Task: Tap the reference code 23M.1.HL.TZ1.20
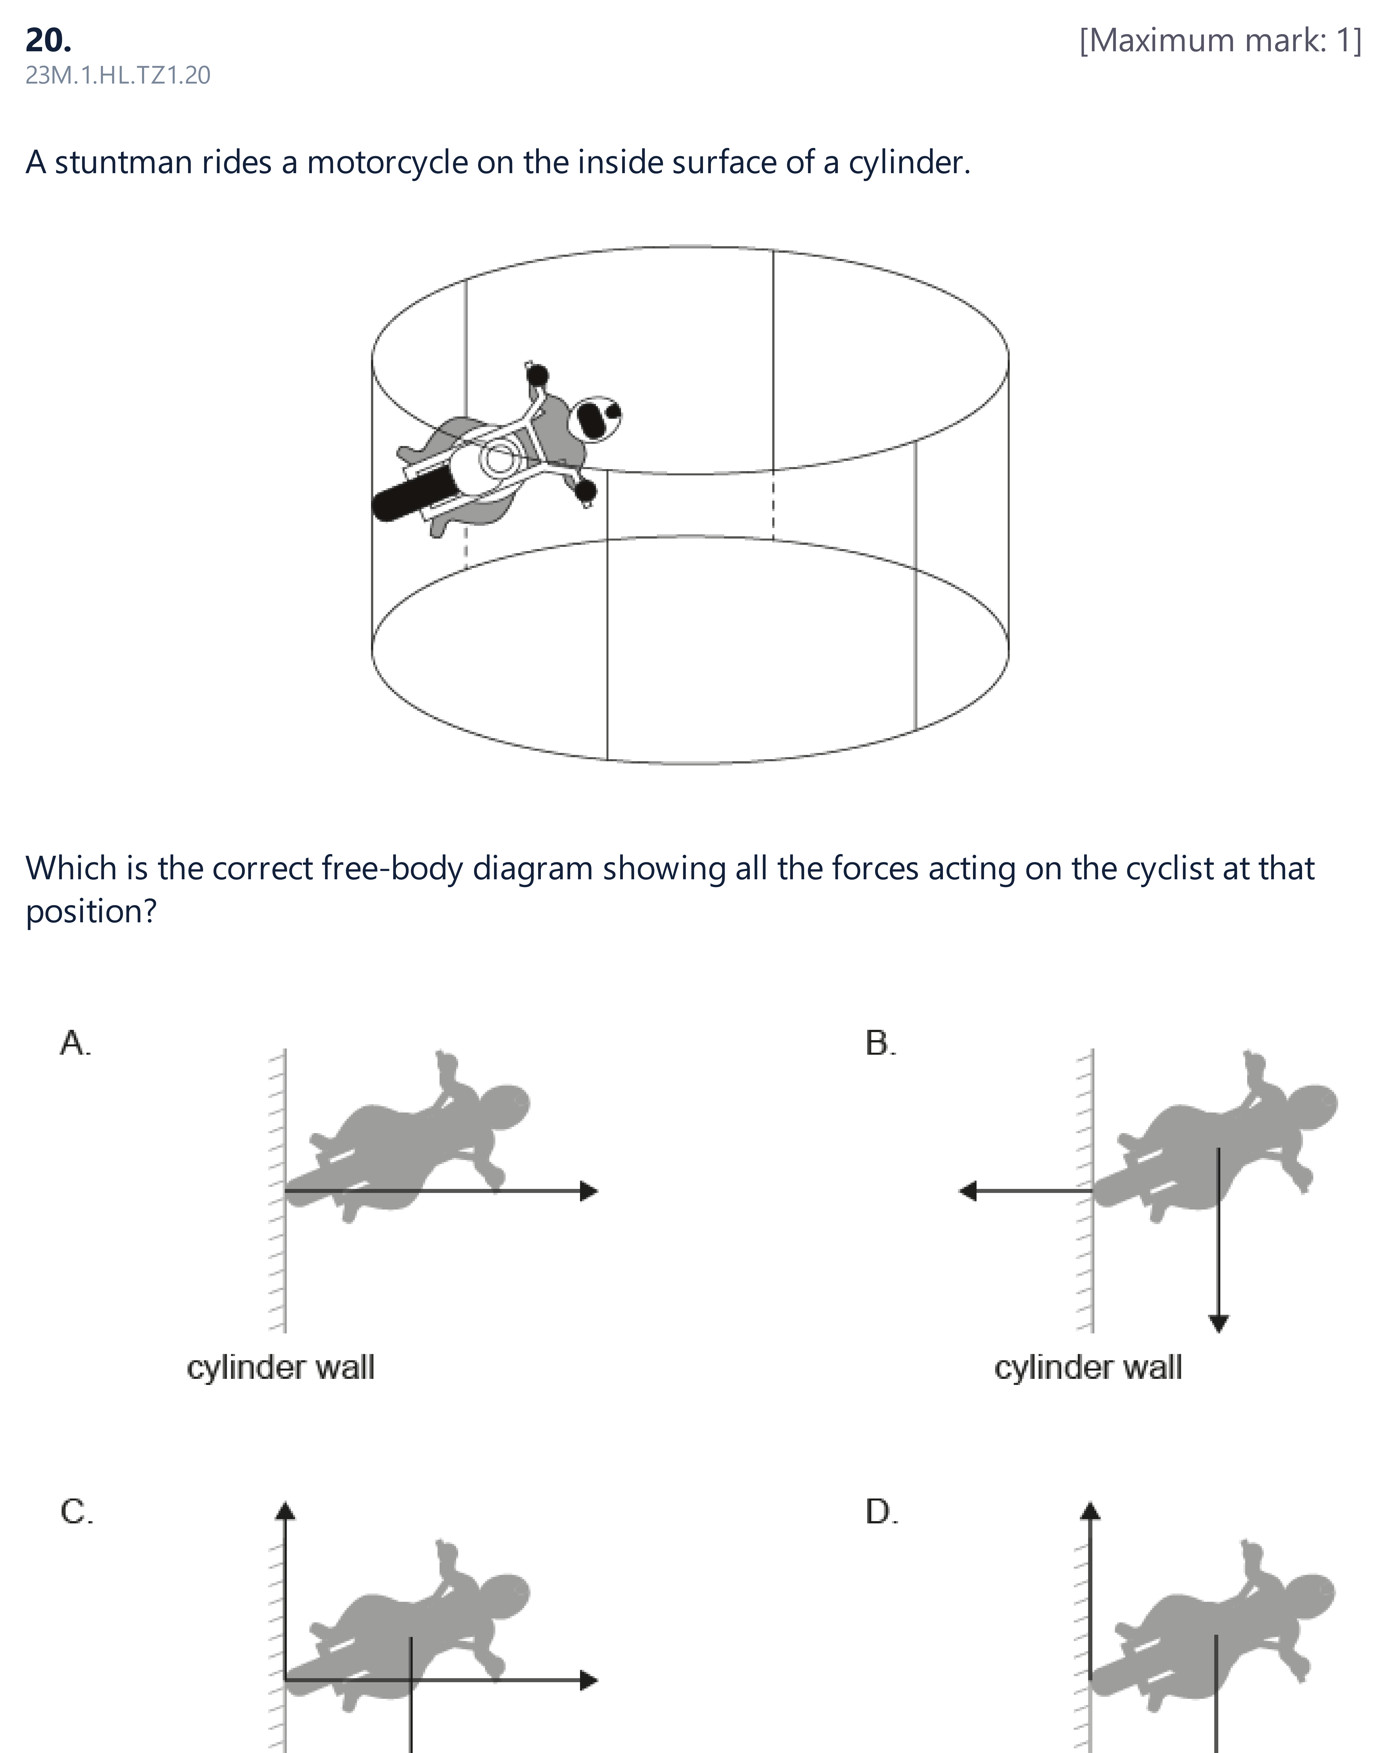tap(118, 76)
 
